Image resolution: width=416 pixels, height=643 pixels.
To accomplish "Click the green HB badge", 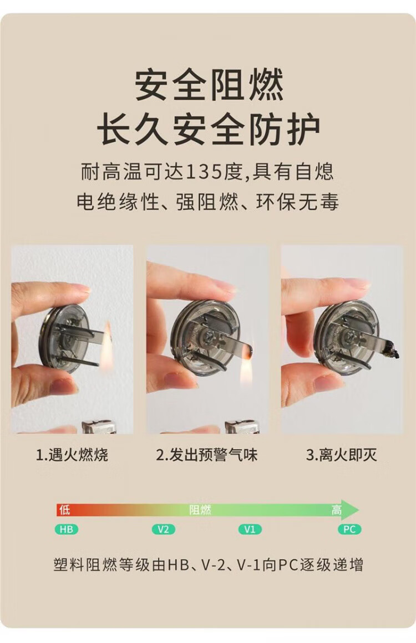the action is click(66, 529).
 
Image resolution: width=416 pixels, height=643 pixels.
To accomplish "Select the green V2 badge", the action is click(163, 529).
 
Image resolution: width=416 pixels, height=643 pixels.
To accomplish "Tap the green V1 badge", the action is click(250, 529).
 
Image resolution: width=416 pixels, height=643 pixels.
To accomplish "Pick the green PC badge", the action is click(349, 529).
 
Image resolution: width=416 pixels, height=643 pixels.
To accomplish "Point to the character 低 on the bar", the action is click(64, 510).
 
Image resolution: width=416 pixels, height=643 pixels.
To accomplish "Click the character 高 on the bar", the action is click(336, 510).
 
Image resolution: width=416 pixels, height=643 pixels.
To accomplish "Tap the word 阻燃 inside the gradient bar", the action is click(200, 510).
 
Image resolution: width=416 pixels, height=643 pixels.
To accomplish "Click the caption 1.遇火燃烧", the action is click(72, 455).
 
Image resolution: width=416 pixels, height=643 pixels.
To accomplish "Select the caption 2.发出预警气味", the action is click(206, 455).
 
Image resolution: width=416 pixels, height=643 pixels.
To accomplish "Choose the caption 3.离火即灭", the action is click(341, 455).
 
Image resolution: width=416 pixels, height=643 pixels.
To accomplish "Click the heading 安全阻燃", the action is click(209, 86).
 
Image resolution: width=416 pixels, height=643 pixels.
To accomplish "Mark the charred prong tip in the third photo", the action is click(390, 351).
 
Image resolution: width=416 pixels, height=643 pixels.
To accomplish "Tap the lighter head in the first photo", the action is click(97, 426).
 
